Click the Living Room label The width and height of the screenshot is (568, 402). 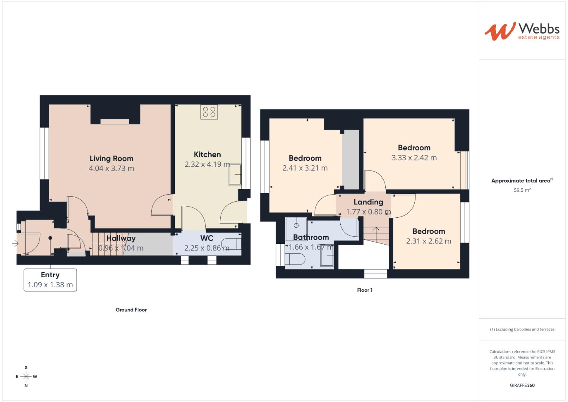111,159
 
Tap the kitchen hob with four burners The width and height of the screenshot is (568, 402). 209,112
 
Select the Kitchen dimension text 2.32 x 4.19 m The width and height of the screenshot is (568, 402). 207,164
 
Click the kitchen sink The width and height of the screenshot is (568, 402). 235,174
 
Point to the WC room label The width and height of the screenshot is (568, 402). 207,238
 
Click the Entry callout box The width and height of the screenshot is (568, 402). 50,280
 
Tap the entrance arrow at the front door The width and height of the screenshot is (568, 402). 15,243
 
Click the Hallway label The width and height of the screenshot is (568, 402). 121,238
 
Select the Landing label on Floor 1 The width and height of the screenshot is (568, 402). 368,202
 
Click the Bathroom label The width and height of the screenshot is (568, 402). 311,237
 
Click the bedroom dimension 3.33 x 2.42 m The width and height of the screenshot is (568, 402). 414,158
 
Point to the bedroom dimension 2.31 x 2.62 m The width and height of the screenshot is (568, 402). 429,241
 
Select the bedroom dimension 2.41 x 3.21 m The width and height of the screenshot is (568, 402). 305,168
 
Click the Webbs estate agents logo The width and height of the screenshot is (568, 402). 522,31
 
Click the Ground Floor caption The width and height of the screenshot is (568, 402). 131,310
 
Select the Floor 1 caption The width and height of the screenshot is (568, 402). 365,290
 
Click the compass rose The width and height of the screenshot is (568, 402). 26,377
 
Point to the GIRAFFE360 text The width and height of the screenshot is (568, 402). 522,385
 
